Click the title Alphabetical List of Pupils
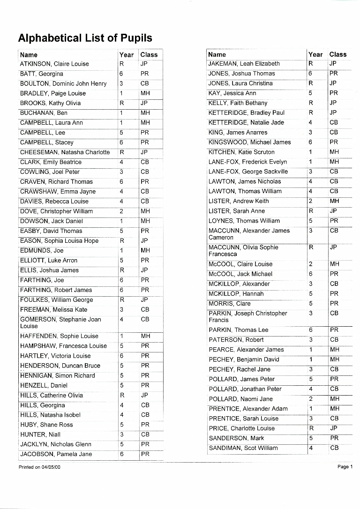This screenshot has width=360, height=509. click(85, 38)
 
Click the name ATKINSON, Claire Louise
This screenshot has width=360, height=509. click(54, 64)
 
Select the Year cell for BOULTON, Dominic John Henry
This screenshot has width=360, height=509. click(121, 84)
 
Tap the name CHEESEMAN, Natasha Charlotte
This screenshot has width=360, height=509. click(65, 152)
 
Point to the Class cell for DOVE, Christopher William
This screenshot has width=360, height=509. click(145, 211)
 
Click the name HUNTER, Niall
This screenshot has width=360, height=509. click(40, 434)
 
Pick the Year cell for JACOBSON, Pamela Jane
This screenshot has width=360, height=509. click(121, 454)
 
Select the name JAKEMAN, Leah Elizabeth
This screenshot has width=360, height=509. click(244, 64)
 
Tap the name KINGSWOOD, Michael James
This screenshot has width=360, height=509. click(249, 142)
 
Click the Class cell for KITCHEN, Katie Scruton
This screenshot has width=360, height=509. click(334, 152)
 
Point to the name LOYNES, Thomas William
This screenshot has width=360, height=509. click(244, 221)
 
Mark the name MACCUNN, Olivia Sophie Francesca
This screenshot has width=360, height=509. click(243, 251)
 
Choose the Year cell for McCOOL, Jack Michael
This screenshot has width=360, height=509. click(311, 274)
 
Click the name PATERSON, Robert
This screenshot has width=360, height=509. click(236, 340)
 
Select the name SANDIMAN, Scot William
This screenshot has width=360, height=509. click(243, 448)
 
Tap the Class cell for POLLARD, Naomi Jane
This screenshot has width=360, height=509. click(334, 399)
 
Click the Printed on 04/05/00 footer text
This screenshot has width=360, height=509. click(40, 467)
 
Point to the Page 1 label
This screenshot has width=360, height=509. click(344, 467)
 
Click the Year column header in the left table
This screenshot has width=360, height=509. click(127, 55)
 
